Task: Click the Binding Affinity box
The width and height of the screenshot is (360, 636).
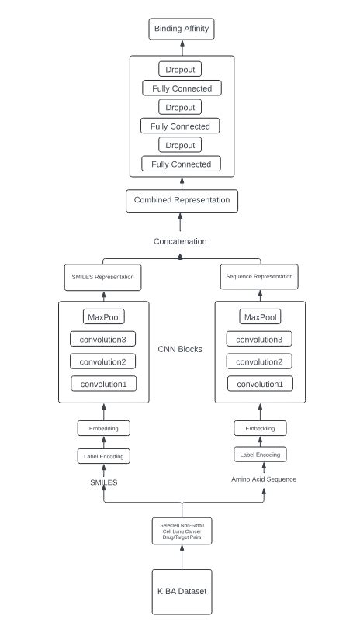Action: pyautogui.click(x=180, y=29)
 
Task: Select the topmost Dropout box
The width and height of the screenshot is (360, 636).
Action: pyautogui.click(x=179, y=70)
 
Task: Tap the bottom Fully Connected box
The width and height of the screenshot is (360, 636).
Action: pyautogui.click(x=181, y=164)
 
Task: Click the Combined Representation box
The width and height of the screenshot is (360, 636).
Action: pyautogui.click(x=182, y=200)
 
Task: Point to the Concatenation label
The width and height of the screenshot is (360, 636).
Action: pyautogui.click(x=180, y=241)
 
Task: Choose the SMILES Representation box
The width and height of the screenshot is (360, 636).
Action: pyautogui.click(x=103, y=276)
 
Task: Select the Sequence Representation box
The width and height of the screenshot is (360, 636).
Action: pyautogui.click(x=259, y=276)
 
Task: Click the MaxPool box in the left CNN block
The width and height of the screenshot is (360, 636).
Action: pyautogui.click(x=103, y=316)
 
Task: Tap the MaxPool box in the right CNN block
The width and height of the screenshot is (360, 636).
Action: pyautogui.click(x=260, y=317)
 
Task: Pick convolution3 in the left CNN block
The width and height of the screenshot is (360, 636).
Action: pyautogui.click(x=103, y=339)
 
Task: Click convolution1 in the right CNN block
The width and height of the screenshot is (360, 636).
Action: pyautogui.click(x=260, y=383)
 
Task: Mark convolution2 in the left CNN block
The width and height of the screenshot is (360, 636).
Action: pyautogui.click(x=103, y=361)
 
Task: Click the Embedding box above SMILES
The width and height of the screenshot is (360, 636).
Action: pyautogui.click(x=103, y=428)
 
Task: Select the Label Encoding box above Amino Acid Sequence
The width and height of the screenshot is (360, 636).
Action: pyautogui.click(x=260, y=454)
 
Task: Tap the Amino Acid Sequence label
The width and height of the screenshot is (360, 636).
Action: pyautogui.click(x=264, y=479)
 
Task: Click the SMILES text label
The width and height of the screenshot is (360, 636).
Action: pyautogui.click(x=103, y=482)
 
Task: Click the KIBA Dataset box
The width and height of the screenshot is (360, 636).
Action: pyautogui.click(x=182, y=591)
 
